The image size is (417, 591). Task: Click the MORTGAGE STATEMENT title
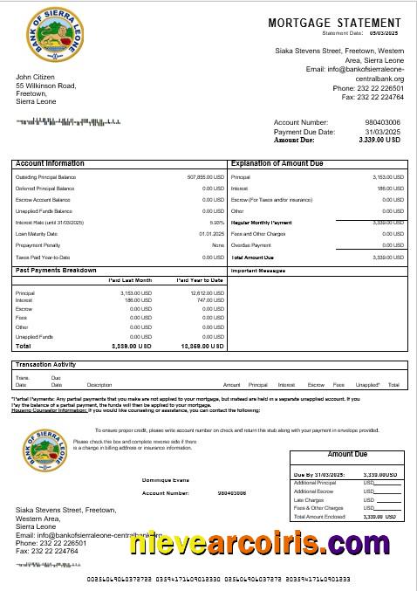(x=336, y=22)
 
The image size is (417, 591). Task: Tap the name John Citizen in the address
(x=36, y=77)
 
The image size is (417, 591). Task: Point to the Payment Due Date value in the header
(x=384, y=131)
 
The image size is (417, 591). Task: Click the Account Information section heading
(x=51, y=163)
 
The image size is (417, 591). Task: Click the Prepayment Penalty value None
(x=217, y=245)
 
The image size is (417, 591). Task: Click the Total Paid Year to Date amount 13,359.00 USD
(x=205, y=347)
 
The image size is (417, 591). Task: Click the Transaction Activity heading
(x=45, y=364)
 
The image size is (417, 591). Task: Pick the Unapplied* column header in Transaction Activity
(x=368, y=384)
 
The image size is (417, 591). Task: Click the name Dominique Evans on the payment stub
(x=166, y=480)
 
